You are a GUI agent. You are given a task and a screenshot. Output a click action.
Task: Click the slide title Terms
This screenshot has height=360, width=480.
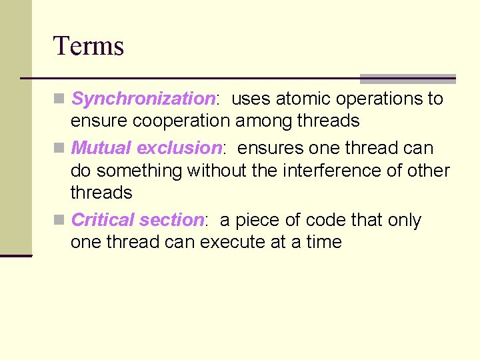pyautogui.click(x=89, y=46)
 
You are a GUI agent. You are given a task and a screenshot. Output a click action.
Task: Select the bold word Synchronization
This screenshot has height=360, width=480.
pyautogui.click(x=143, y=99)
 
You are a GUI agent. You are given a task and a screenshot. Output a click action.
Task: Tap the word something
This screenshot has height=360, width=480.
pyautogui.click(x=140, y=171)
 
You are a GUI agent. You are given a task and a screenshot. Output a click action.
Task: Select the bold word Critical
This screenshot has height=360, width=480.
pyautogui.click(x=102, y=220)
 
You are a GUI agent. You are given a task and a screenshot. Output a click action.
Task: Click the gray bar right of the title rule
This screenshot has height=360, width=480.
pyautogui.click(x=407, y=79)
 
